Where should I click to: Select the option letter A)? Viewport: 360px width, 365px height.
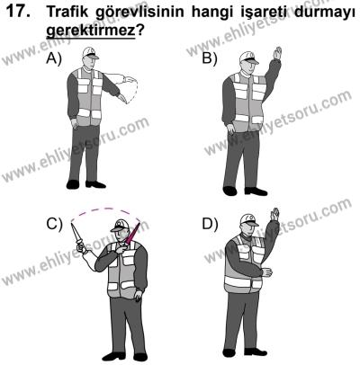[x=53, y=59]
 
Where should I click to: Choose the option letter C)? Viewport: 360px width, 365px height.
[x=53, y=224]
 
